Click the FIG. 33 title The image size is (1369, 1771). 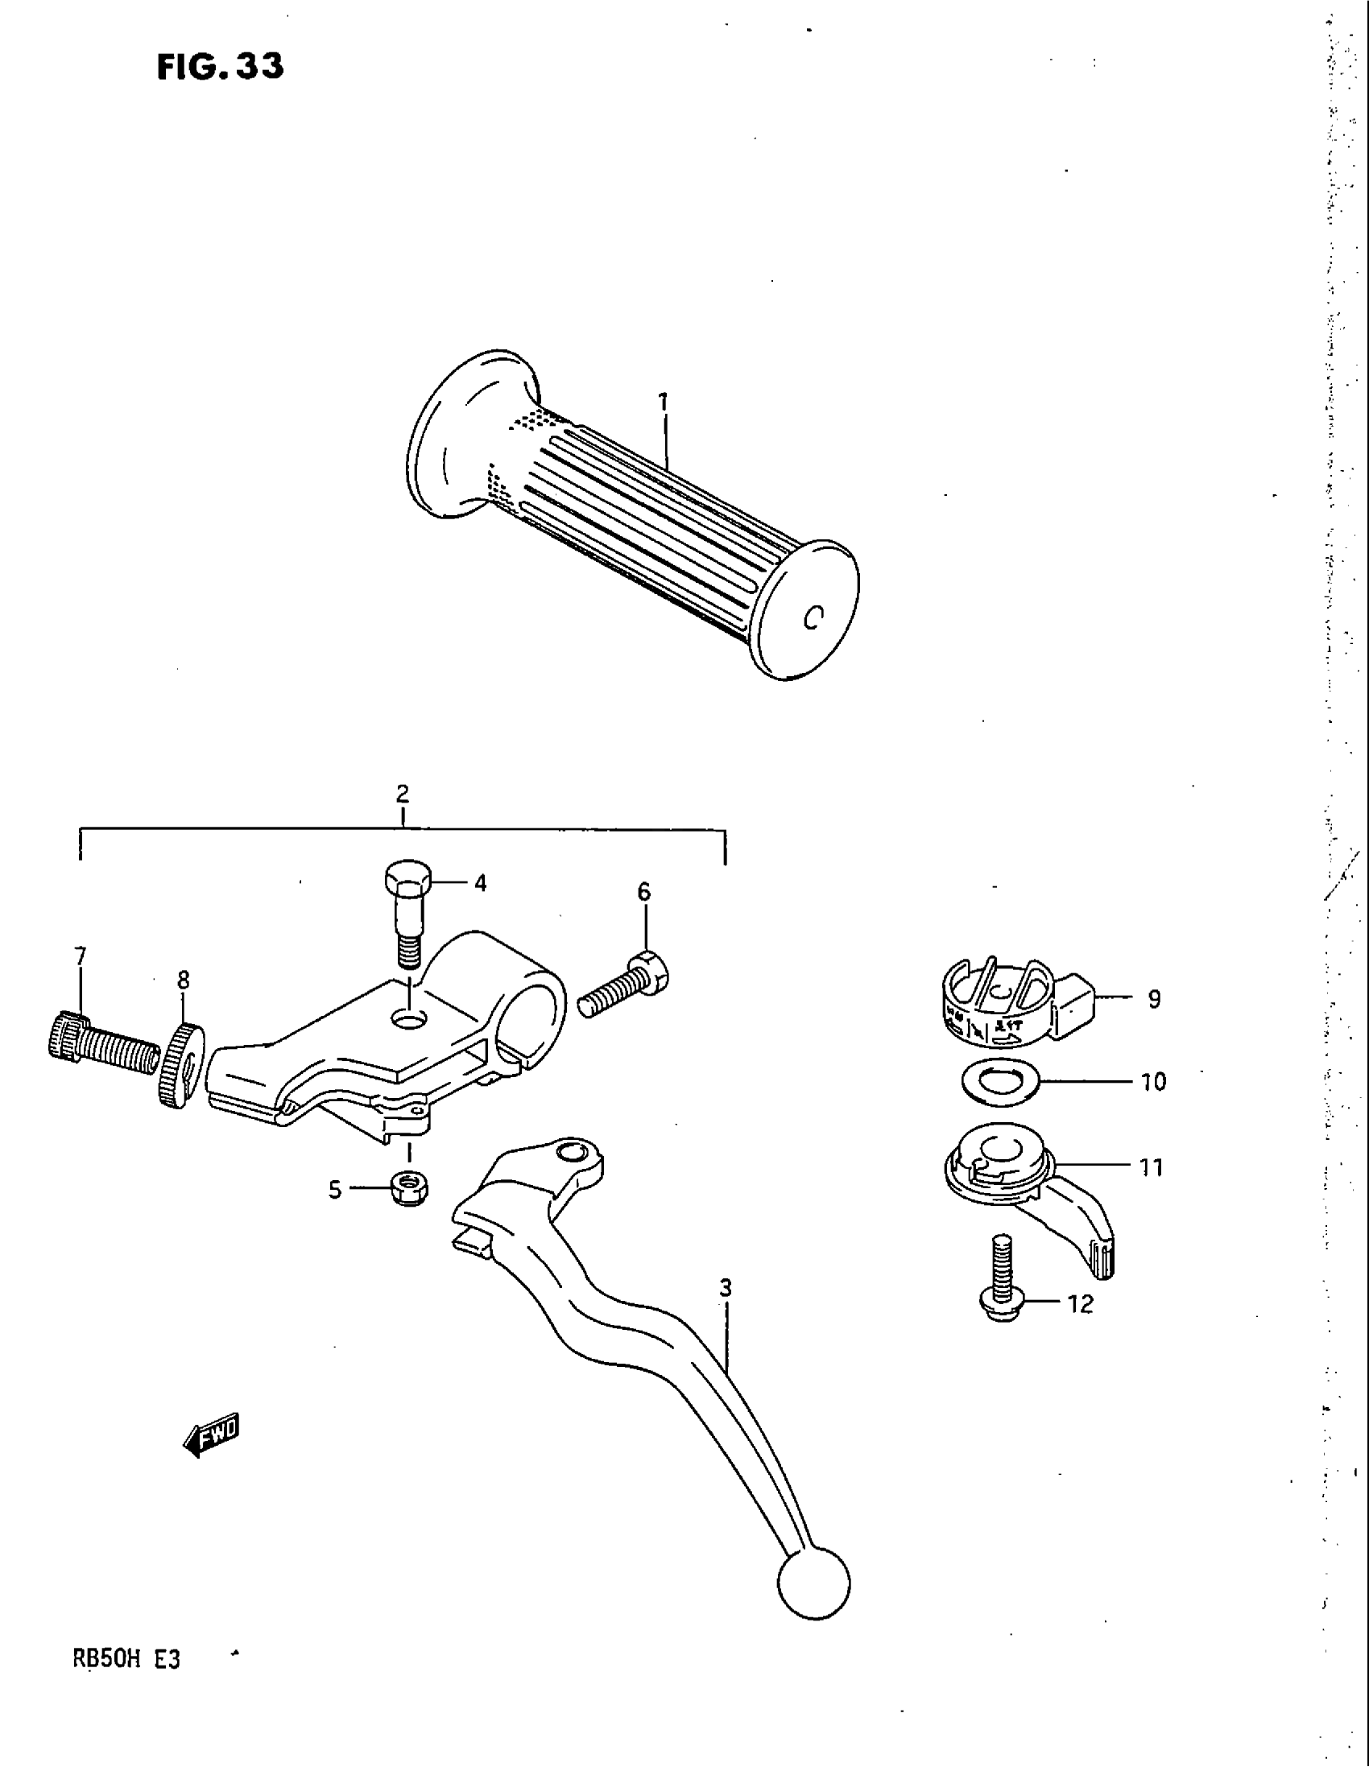221,67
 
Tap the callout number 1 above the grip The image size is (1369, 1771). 664,402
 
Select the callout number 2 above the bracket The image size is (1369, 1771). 403,793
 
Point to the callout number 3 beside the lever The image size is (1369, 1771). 725,1288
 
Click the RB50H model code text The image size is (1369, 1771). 108,1660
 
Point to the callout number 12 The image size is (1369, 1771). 1080,1305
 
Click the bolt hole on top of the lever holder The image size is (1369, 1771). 410,1018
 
